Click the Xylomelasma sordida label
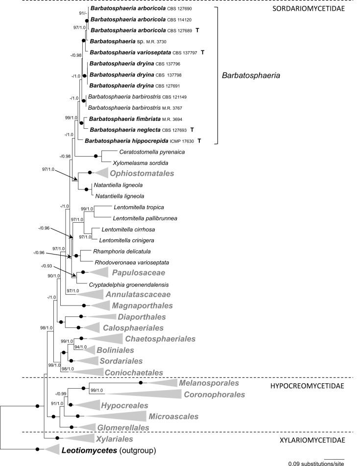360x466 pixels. [x=131, y=162]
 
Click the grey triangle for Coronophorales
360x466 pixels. [x=137, y=394]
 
